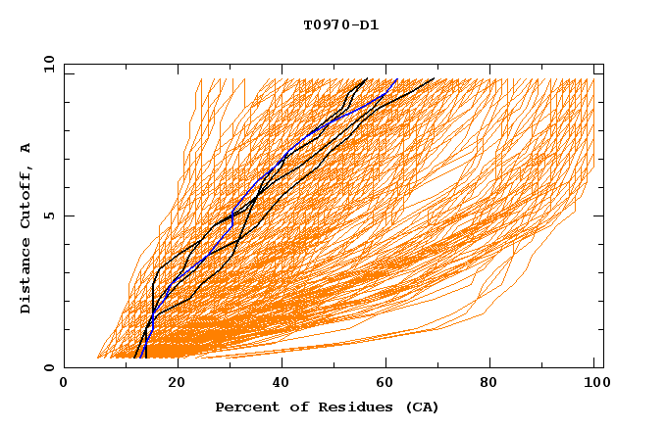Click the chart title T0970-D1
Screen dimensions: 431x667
pos(340,25)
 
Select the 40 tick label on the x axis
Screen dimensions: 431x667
pos(283,383)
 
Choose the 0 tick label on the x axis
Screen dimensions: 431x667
pos(64,383)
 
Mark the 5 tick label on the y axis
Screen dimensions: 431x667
pos(47,215)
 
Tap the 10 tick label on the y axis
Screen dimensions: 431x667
pos(47,64)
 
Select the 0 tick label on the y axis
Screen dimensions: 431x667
pos(47,367)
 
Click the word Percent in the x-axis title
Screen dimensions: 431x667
pos(244,407)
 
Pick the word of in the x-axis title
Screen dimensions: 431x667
pos(291,407)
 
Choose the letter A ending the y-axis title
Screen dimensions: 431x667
pos(26,148)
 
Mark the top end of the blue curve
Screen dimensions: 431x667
pos(397,79)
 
